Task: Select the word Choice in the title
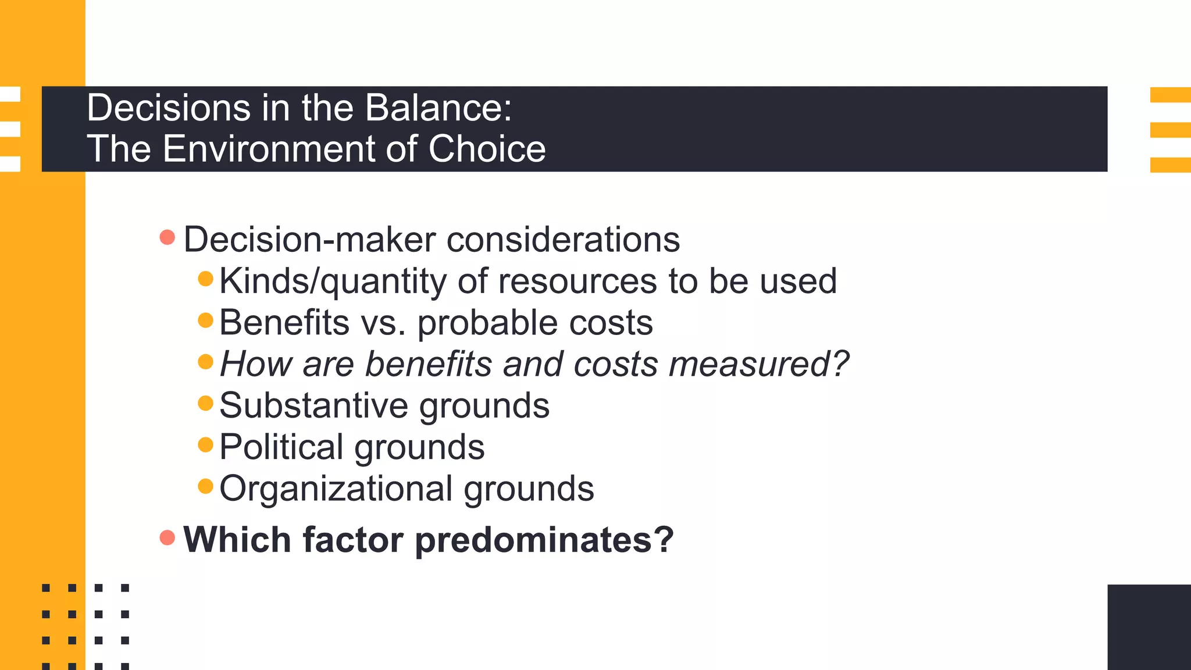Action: [487, 149]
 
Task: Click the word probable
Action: [487, 323]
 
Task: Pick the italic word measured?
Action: [759, 365]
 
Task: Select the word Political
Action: [281, 447]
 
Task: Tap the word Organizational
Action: [336, 489]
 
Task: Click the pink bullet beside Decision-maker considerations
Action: [167, 237]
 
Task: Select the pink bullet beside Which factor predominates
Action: [167, 537]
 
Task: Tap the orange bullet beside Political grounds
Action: [205, 445]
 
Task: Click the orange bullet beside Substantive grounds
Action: [205, 403]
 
